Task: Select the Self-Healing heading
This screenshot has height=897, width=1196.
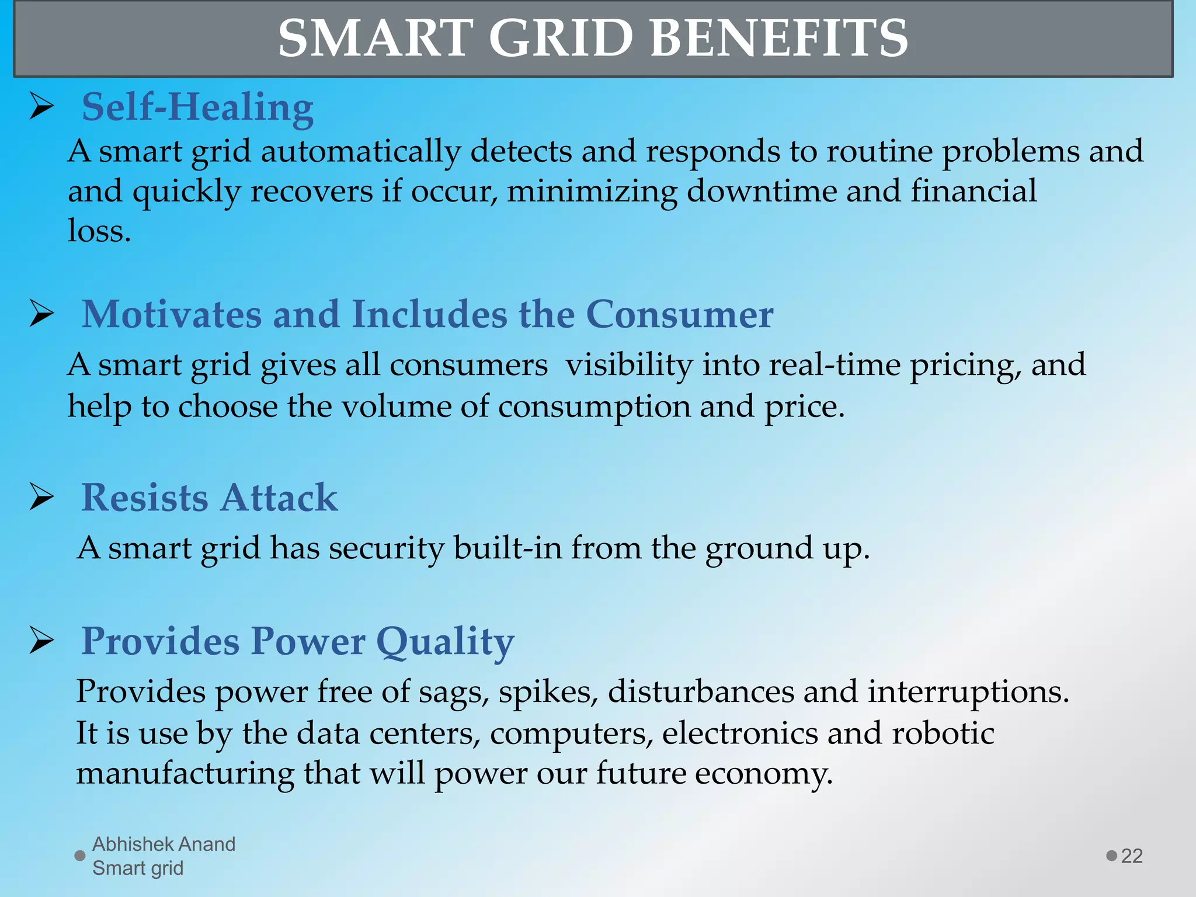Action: tap(197, 107)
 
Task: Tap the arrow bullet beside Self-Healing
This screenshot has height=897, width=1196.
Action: tap(42, 107)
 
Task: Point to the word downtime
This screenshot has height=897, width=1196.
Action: tap(762, 192)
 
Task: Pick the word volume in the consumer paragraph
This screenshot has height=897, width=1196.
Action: tap(396, 406)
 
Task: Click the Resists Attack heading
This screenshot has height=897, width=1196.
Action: tap(209, 498)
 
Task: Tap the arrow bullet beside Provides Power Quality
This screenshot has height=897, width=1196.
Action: tap(42, 641)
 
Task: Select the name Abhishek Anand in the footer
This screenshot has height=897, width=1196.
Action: tap(164, 844)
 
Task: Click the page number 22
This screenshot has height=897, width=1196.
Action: tap(1131, 856)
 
